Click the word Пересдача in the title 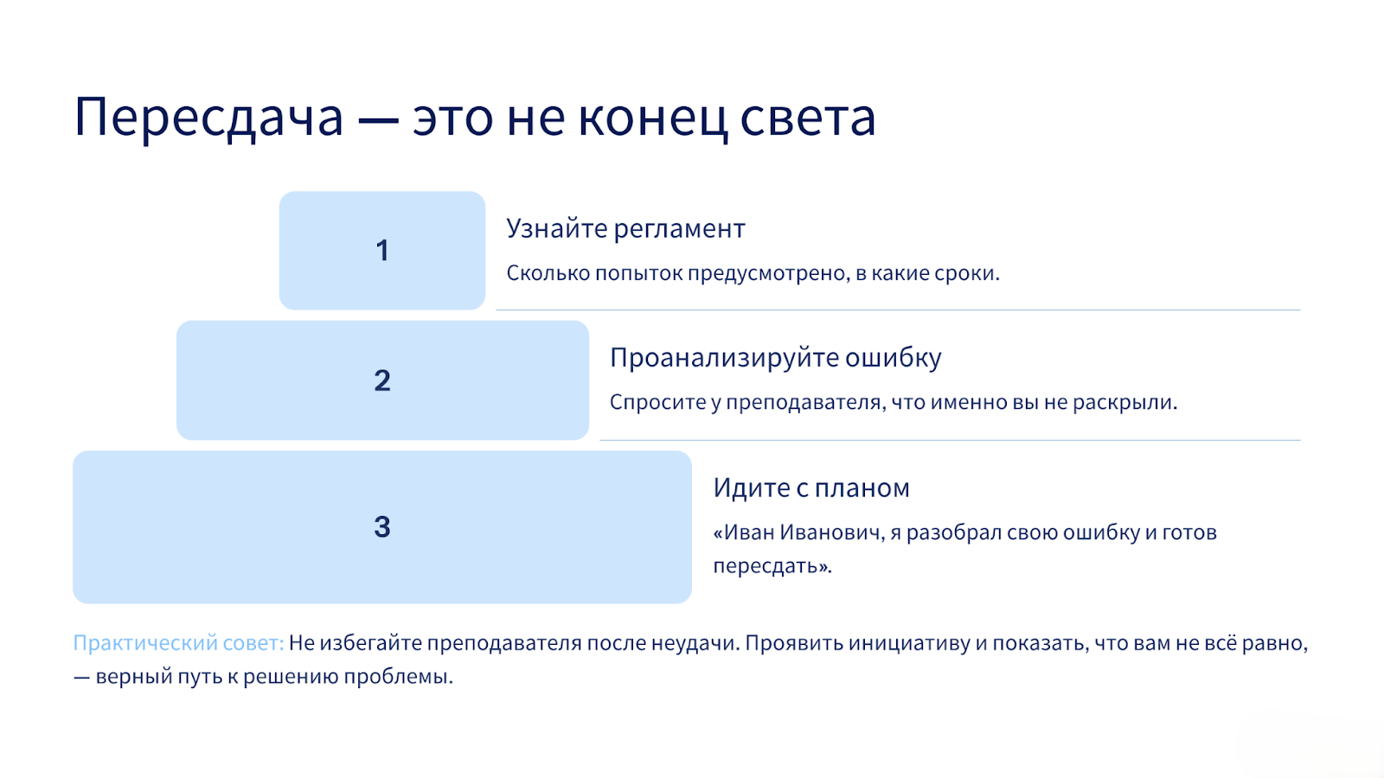[208, 118]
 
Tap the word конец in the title [652, 118]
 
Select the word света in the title [808, 118]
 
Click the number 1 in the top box [382, 251]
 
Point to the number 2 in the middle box [382, 380]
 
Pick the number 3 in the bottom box [382, 527]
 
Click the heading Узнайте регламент [626, 229]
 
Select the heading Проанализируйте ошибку [775, 358]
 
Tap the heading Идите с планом [811, 488]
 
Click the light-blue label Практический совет [178, 643]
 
